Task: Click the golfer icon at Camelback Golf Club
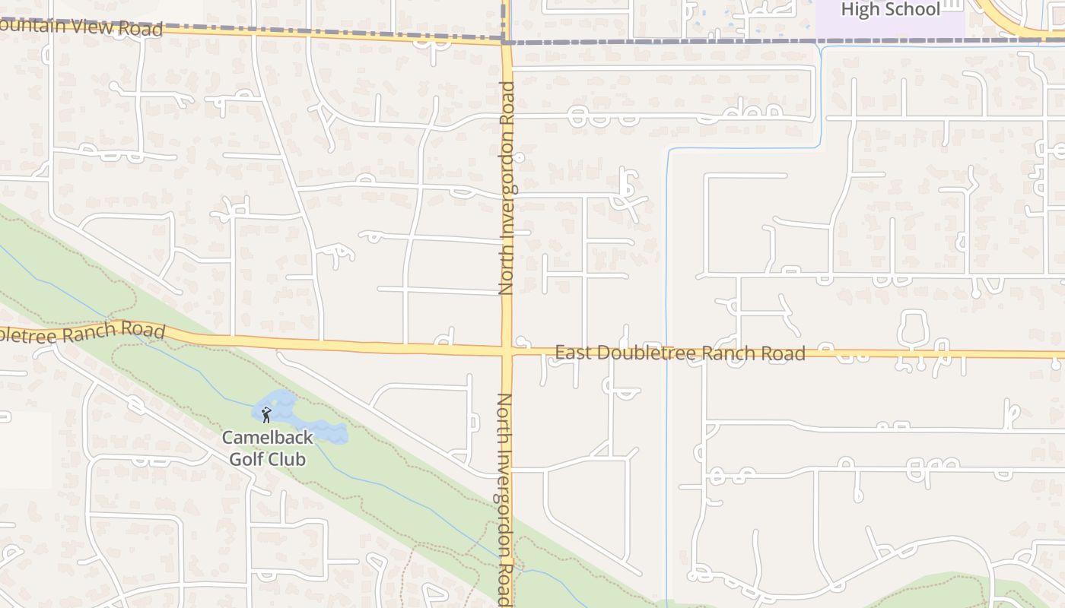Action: click(265, 415)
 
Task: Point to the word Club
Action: click(289, 459)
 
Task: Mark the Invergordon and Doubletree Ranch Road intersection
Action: click(507, 351)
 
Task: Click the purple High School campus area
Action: click(890, 27)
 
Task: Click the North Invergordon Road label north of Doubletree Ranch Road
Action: click(507, 188)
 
